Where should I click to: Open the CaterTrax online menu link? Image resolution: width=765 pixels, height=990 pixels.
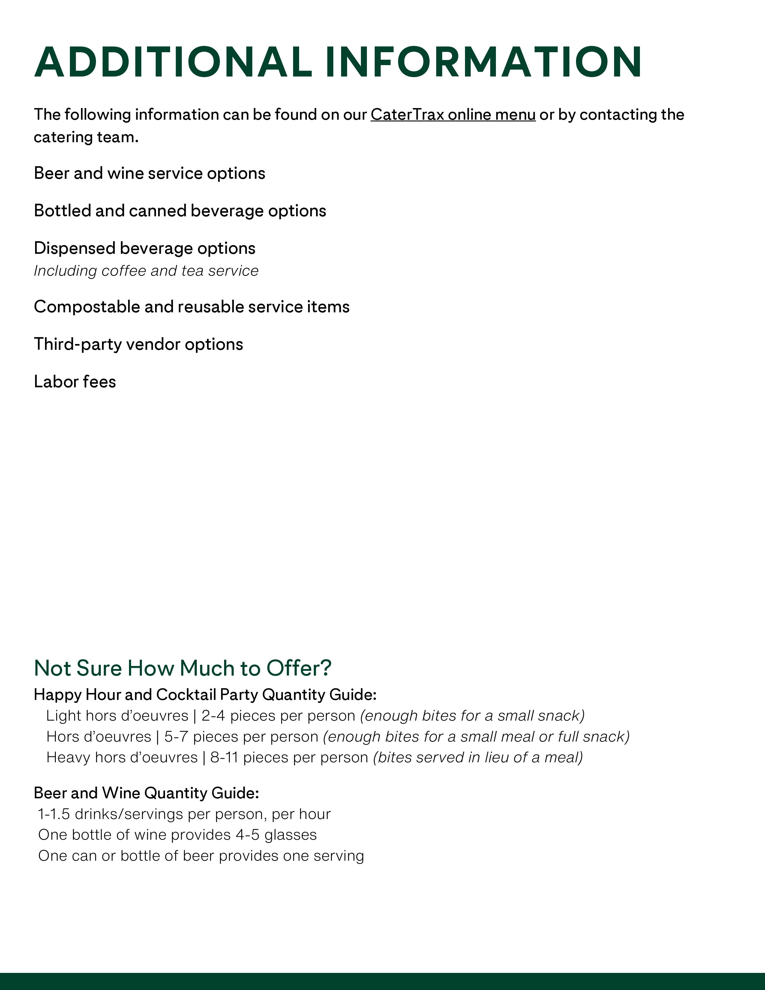(x=453, y=115)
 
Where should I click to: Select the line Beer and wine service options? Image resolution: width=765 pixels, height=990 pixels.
(x=150, y=173)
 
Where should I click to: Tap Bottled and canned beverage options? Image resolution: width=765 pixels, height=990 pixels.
(x=180, y=211)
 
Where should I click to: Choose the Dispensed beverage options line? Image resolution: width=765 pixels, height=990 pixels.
(x=145, y=248)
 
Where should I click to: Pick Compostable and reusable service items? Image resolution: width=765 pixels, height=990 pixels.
(x=192, y=307)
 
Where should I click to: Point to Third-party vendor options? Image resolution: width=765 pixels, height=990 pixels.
(x=138, y=344)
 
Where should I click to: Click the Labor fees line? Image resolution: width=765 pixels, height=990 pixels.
(x=75, y=382)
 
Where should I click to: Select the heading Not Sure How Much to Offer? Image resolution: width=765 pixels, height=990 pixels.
(x=183, y=668)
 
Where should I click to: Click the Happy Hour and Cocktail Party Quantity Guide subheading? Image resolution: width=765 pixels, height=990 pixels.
(x=205, y=694)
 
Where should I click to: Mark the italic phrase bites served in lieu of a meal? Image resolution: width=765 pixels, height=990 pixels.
(x=478, y=757)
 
